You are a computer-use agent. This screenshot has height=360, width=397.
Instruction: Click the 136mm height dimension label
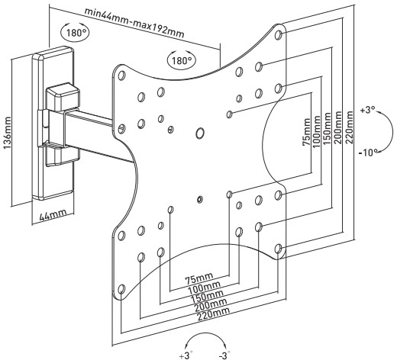point(8,133)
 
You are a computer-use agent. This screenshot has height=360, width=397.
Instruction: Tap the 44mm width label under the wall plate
point(53,215)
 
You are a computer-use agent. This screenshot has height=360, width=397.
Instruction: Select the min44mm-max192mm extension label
point(134,23)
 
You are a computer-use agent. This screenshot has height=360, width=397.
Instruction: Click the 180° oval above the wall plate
point(75,33)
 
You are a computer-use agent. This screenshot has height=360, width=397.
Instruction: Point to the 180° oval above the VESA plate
point(181,60)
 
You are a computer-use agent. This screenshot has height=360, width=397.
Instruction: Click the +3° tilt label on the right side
point(368,110)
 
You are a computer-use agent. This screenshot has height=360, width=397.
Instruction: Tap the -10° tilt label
point(368,153)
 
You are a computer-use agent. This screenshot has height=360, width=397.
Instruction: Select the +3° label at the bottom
point(186,355)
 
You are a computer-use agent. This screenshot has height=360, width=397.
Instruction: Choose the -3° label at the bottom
point(224,355)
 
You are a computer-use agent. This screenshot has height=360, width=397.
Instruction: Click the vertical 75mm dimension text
point(306,132)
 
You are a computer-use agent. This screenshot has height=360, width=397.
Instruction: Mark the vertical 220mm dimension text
point(349,127)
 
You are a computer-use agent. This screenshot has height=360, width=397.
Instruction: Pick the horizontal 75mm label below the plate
point(199,278)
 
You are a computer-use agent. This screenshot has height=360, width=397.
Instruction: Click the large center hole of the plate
point(200,133)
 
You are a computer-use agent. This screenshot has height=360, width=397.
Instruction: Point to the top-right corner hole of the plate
point(279,34)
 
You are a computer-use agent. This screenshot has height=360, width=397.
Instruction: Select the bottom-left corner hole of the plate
point(121,289)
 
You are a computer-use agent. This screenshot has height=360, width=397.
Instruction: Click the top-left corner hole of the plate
point(121,76)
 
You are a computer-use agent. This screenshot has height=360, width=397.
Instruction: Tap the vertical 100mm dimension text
point(317,131)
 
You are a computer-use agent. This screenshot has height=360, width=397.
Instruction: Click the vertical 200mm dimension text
point(338,127)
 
